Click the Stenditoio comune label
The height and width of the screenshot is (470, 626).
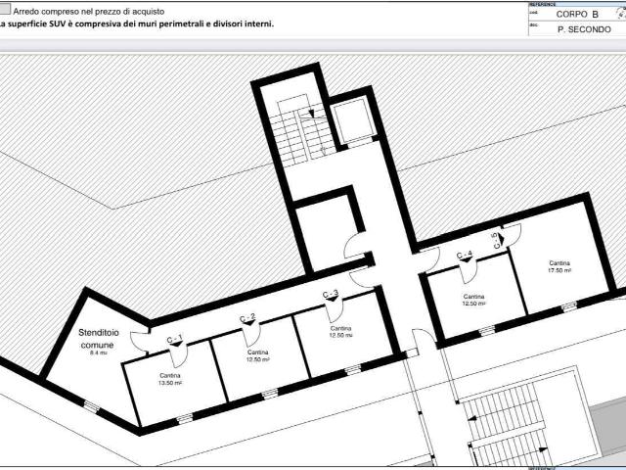click(x=97, y=339)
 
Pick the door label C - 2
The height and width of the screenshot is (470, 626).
click(x=248, y=317)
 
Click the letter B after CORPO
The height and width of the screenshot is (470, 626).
click(x=594, y=15)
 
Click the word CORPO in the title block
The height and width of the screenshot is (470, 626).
click(x=571, y=15)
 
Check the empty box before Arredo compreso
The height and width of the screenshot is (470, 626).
click(x=5, y=9)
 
